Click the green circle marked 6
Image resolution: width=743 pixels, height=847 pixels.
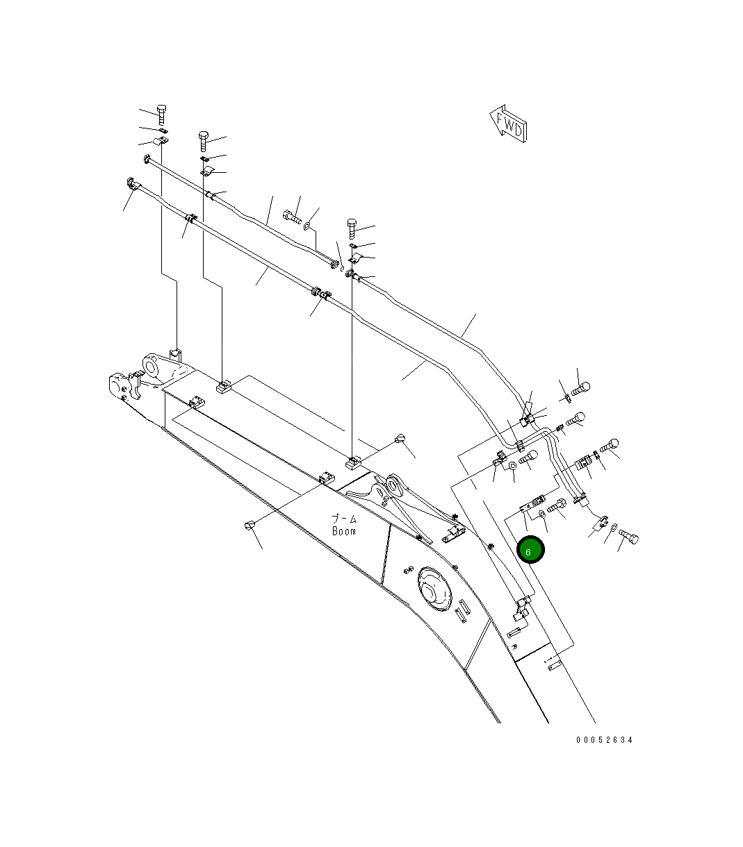(x=530, y=551)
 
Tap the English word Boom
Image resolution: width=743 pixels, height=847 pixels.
(x=343, y=531)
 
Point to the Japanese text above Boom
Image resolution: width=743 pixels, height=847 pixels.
(x=343, y=519)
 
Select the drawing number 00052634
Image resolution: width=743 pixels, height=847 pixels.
(x=604, y=740)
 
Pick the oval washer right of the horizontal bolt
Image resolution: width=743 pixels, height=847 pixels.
(x=308, y=226)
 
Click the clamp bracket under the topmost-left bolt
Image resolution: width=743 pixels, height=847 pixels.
(x=161, y=143)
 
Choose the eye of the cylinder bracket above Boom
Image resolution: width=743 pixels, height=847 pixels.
(x=395, y=483)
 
